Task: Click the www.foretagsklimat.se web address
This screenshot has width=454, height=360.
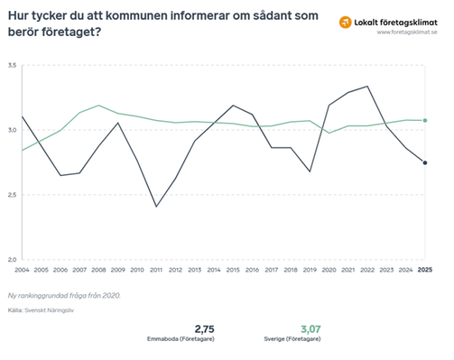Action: tap(406, 32)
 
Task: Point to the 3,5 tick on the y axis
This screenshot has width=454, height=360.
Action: tap(12, 66)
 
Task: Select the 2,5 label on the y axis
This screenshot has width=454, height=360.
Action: tap(12, 195)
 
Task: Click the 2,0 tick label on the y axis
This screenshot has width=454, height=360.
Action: tap(12, 260)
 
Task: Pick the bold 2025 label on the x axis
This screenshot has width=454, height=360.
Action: tap(424, 269)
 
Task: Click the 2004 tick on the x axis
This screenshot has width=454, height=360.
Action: tap(22, 269)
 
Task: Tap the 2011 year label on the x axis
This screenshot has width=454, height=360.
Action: tap(156, 269)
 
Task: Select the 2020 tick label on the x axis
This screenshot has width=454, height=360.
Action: tap(329, 269)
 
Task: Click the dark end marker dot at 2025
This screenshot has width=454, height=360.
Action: tap(425, 162)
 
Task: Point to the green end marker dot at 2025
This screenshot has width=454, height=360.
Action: tap(425, 121)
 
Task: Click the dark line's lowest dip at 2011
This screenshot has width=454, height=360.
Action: tap(156, 207)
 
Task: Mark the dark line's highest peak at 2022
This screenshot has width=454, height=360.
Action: tap(367, 87)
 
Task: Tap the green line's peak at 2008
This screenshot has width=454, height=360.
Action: tap(99, 106)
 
